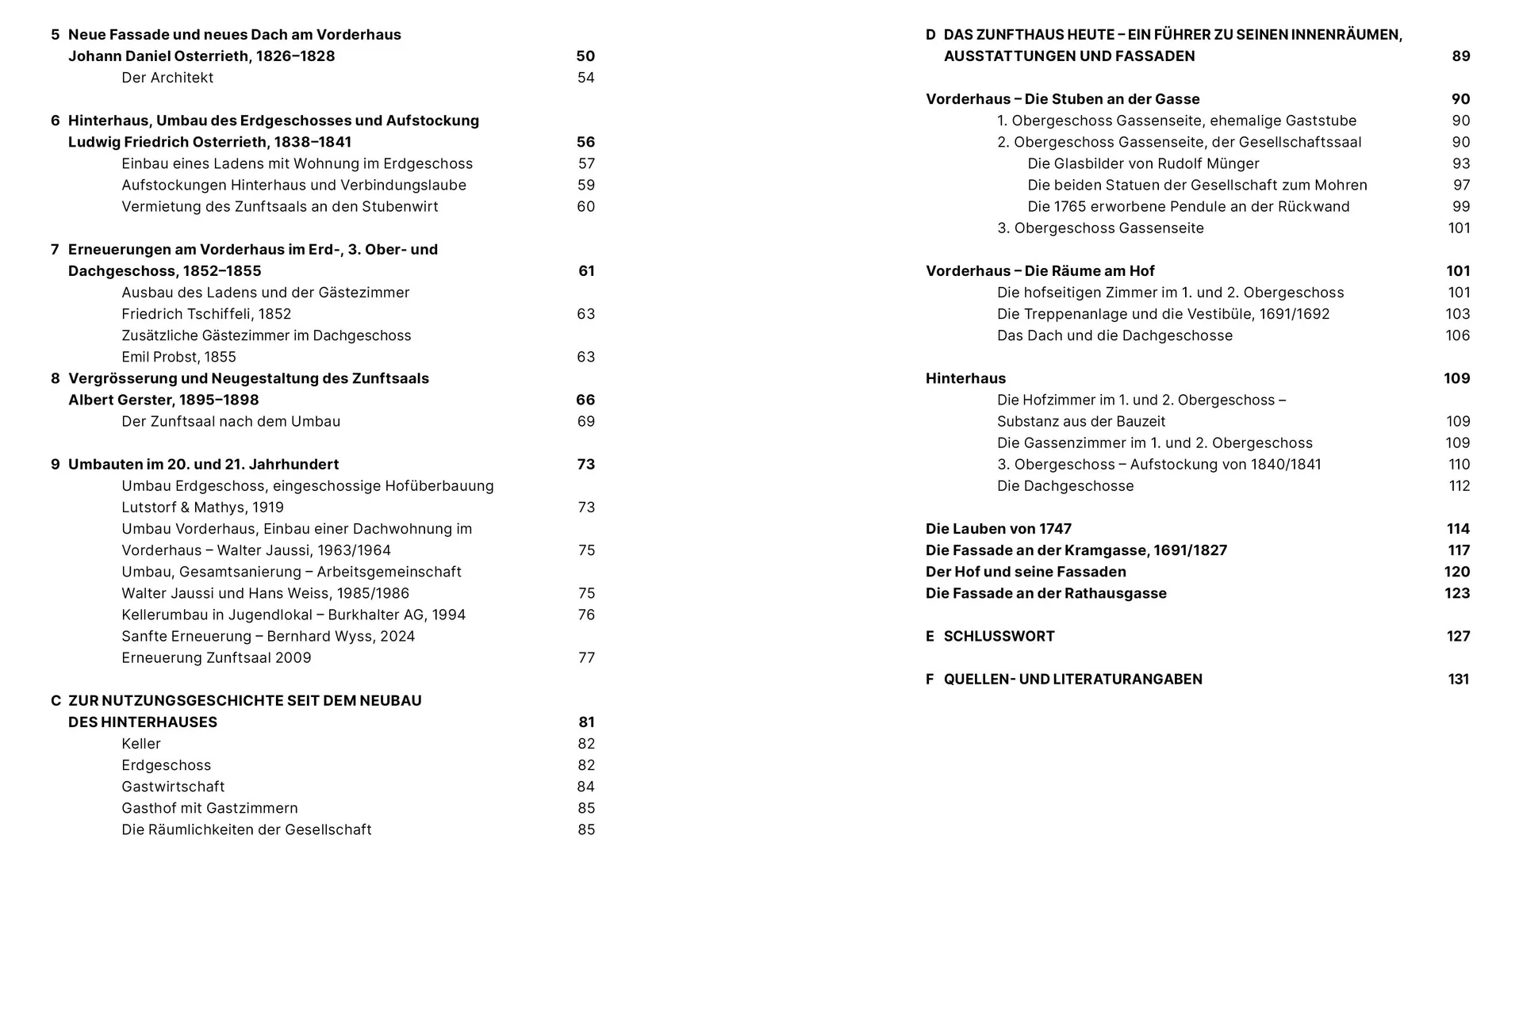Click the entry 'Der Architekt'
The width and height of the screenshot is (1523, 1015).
[x=167, y=78]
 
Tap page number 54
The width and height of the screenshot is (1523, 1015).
[x=585, y=78]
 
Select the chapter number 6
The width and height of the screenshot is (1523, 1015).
[x=56, y=121]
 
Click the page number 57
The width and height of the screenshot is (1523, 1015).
[x=586, y=163]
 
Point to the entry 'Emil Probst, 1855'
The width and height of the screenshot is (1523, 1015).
[x=178, y=357]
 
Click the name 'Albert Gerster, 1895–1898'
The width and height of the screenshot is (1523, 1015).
[x=163, y=400]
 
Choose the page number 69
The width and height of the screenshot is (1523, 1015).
[x=585, y=421]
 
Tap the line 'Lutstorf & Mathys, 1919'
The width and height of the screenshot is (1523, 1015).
[x=202, y=507]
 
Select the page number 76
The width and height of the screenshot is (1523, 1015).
[x=586, y=615]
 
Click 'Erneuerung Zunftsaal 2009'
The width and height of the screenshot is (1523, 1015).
[x=217, y=657]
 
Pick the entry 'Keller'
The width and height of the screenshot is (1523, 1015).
[x=141, y=744]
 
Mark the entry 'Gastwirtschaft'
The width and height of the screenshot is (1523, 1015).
[x=173, y=787]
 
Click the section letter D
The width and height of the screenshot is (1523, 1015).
[x=930, y=35]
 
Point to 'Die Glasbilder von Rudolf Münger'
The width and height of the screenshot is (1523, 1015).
[x=1143, y=163]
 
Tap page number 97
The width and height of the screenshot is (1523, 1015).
[x=1461, y=185]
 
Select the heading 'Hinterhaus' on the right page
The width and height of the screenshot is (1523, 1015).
[x=965, y=378]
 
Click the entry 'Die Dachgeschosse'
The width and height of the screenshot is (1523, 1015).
[x=1065, y=486]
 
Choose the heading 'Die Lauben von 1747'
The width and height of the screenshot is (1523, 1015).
[x=998, y=529]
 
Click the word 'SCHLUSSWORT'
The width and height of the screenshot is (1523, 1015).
[x=999, y=636]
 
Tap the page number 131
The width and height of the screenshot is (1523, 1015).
[x=1458, y=679]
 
